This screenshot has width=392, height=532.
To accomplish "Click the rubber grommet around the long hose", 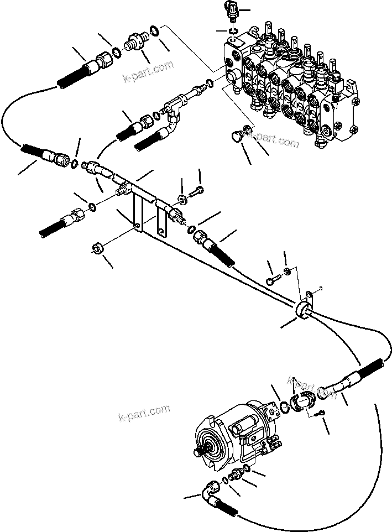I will (303, 311).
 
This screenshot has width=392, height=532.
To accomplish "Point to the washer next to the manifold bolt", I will (182, 197).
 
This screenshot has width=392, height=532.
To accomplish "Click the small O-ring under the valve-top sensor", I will (234, 30).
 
